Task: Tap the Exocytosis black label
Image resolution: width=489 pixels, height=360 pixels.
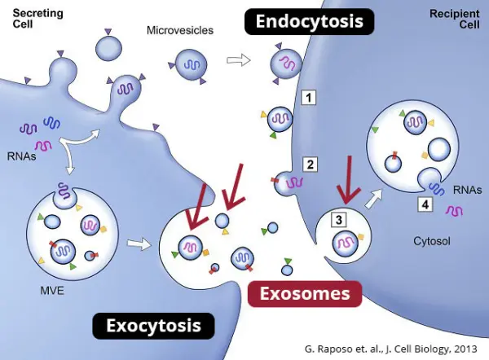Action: point(154,327)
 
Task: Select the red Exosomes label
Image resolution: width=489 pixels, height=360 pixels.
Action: point(305,293)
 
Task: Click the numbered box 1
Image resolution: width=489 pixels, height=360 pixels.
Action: point(309,99)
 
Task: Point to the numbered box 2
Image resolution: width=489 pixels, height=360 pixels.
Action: point(310,164)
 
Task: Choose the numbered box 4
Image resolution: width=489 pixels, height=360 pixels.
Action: point(425,204)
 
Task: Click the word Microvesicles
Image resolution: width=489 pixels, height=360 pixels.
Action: point(179,30)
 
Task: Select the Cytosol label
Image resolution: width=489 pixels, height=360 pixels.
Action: point(432,241)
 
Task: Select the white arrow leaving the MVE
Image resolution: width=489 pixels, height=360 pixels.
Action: point(139,242)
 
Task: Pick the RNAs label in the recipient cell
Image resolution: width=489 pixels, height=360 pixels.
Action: point(469,191)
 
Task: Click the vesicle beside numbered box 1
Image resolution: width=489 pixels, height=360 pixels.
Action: point(280,119)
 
